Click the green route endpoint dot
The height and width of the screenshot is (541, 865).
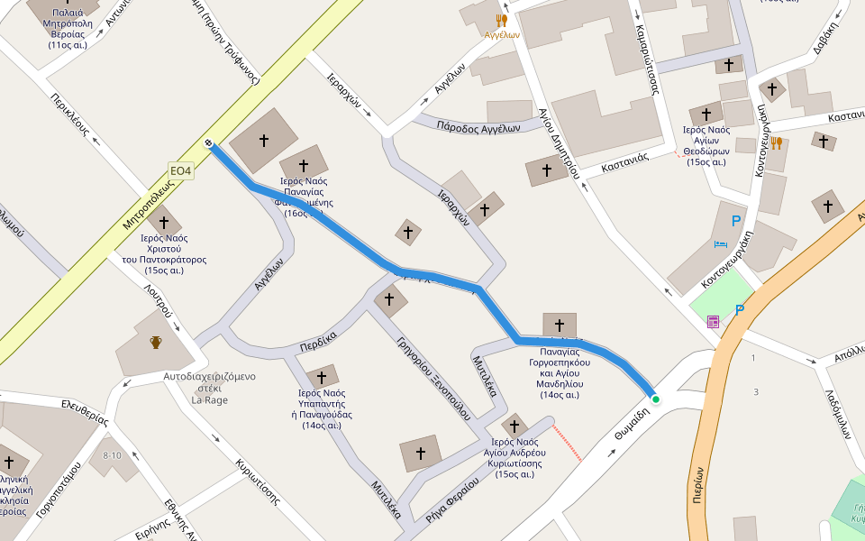click(656, 399)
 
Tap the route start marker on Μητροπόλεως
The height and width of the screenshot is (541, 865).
click(209, 142)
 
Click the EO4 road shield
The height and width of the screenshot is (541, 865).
click(181, 170)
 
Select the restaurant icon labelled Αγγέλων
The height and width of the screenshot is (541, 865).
click(502, 20)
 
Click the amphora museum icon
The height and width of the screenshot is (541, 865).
click(156, 343)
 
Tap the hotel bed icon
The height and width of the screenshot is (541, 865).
click(721, 243)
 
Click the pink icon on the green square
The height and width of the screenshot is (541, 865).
click(713, 321)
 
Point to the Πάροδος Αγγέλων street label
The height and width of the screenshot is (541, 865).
click(478, 127)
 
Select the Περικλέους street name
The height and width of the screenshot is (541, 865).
click(71, 114)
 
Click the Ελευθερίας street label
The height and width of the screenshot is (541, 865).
click(85, 412)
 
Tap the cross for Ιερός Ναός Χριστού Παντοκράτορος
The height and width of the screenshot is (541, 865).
click(163, 221)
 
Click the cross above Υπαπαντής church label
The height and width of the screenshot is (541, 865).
click(321, 377)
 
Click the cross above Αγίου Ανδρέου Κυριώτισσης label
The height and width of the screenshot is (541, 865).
click(514, 426)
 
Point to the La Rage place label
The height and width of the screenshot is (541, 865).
click(209, 399)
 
